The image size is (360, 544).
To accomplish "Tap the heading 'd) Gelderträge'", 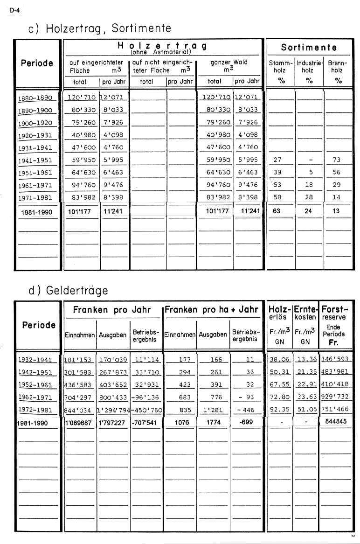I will [68, 290].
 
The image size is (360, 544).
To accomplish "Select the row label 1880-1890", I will [35, 98].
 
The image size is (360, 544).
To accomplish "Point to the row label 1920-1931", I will [35, 135].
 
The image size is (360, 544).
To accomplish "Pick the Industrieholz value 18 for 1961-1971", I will [309, 185].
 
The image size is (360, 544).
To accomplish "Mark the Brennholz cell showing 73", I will [337, 160].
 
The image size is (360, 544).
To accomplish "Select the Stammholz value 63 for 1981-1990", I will [277, 211].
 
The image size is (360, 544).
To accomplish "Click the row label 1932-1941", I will [35, 359].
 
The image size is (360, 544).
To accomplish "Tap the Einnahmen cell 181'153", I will [79, 359].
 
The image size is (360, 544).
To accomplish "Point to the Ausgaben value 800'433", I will [113, 398].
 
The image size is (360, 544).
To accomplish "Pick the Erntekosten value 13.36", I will [306, 359].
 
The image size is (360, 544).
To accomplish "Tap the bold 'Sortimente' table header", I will [309, 47].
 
